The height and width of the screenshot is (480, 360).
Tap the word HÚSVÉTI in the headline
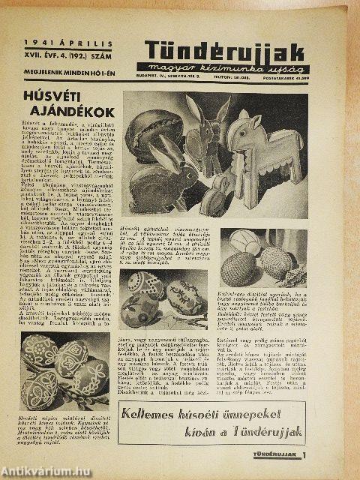[x=61, y=94]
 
